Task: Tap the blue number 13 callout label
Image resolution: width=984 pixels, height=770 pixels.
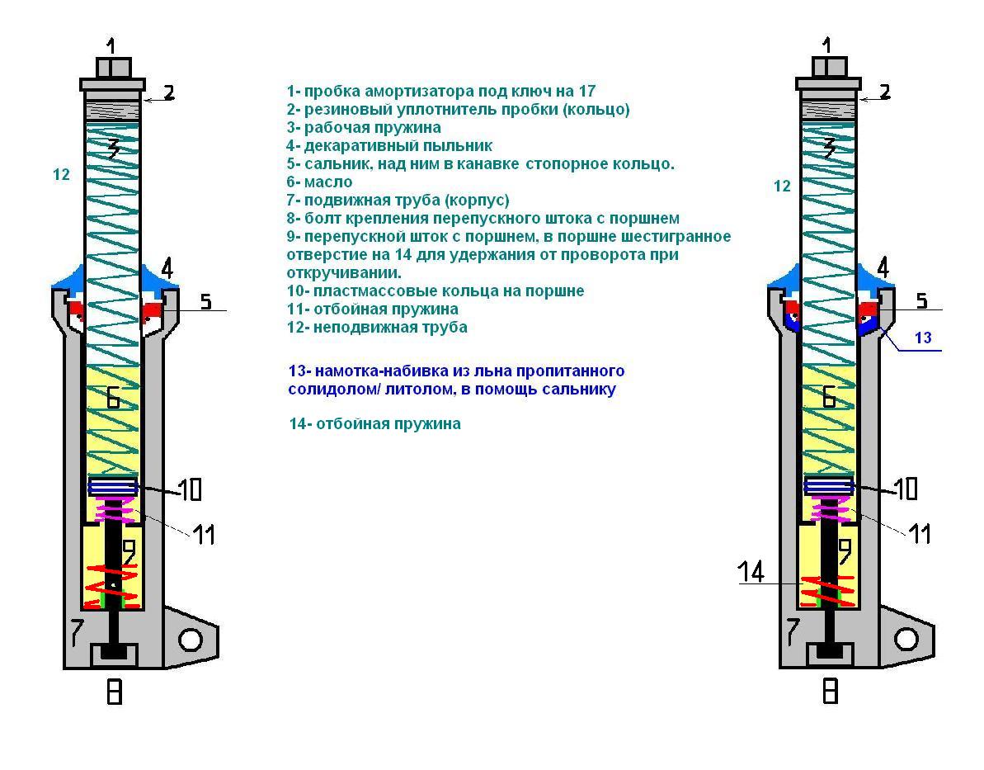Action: pyautogui.click(x=923, y=337)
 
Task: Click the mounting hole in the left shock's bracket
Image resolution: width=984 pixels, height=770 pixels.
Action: pyautogui.click(x=191, y=639)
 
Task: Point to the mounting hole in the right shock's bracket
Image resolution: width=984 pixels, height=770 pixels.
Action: pyautogui.click(x=906, y=639)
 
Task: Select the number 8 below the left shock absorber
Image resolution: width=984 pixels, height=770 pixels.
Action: pyautogui.click(x=115, y=691)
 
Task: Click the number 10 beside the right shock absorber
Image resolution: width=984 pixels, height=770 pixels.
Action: pyautogui.click(x=906, y=489)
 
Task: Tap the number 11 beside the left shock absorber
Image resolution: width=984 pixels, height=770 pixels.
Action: pyautogui.click(x=204, y=534)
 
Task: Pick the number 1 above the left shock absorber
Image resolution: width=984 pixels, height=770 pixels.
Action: pyautogui.click(x=113, y=45)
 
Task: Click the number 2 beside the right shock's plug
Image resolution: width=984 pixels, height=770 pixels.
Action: pyautogui.click(x=884, y=92)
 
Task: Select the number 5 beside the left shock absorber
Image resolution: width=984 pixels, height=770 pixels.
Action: pyautogui.click(x=205, y=302)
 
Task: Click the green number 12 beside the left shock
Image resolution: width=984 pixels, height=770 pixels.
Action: pyautogui.click(x=61, y=175)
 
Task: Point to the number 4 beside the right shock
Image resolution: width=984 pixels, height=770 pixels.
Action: pyautogui.click(x=883, y=267)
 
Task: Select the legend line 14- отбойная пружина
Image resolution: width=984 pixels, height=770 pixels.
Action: pyautogui.click(x=374, y=423)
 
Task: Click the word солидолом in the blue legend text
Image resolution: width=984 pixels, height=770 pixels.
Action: pyautogui.click(x=323, y=389)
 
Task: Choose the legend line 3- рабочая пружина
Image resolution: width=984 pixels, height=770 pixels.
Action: pyautogui.click(x=364, y=127)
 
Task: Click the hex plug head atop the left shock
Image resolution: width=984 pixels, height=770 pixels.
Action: pyautogui.click(x=114, y=67)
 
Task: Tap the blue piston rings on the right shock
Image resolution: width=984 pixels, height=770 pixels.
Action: pyautogui.click(x=829, y=487)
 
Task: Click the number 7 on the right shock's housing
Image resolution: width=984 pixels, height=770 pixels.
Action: pyautogui.click(x=793, y=631)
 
